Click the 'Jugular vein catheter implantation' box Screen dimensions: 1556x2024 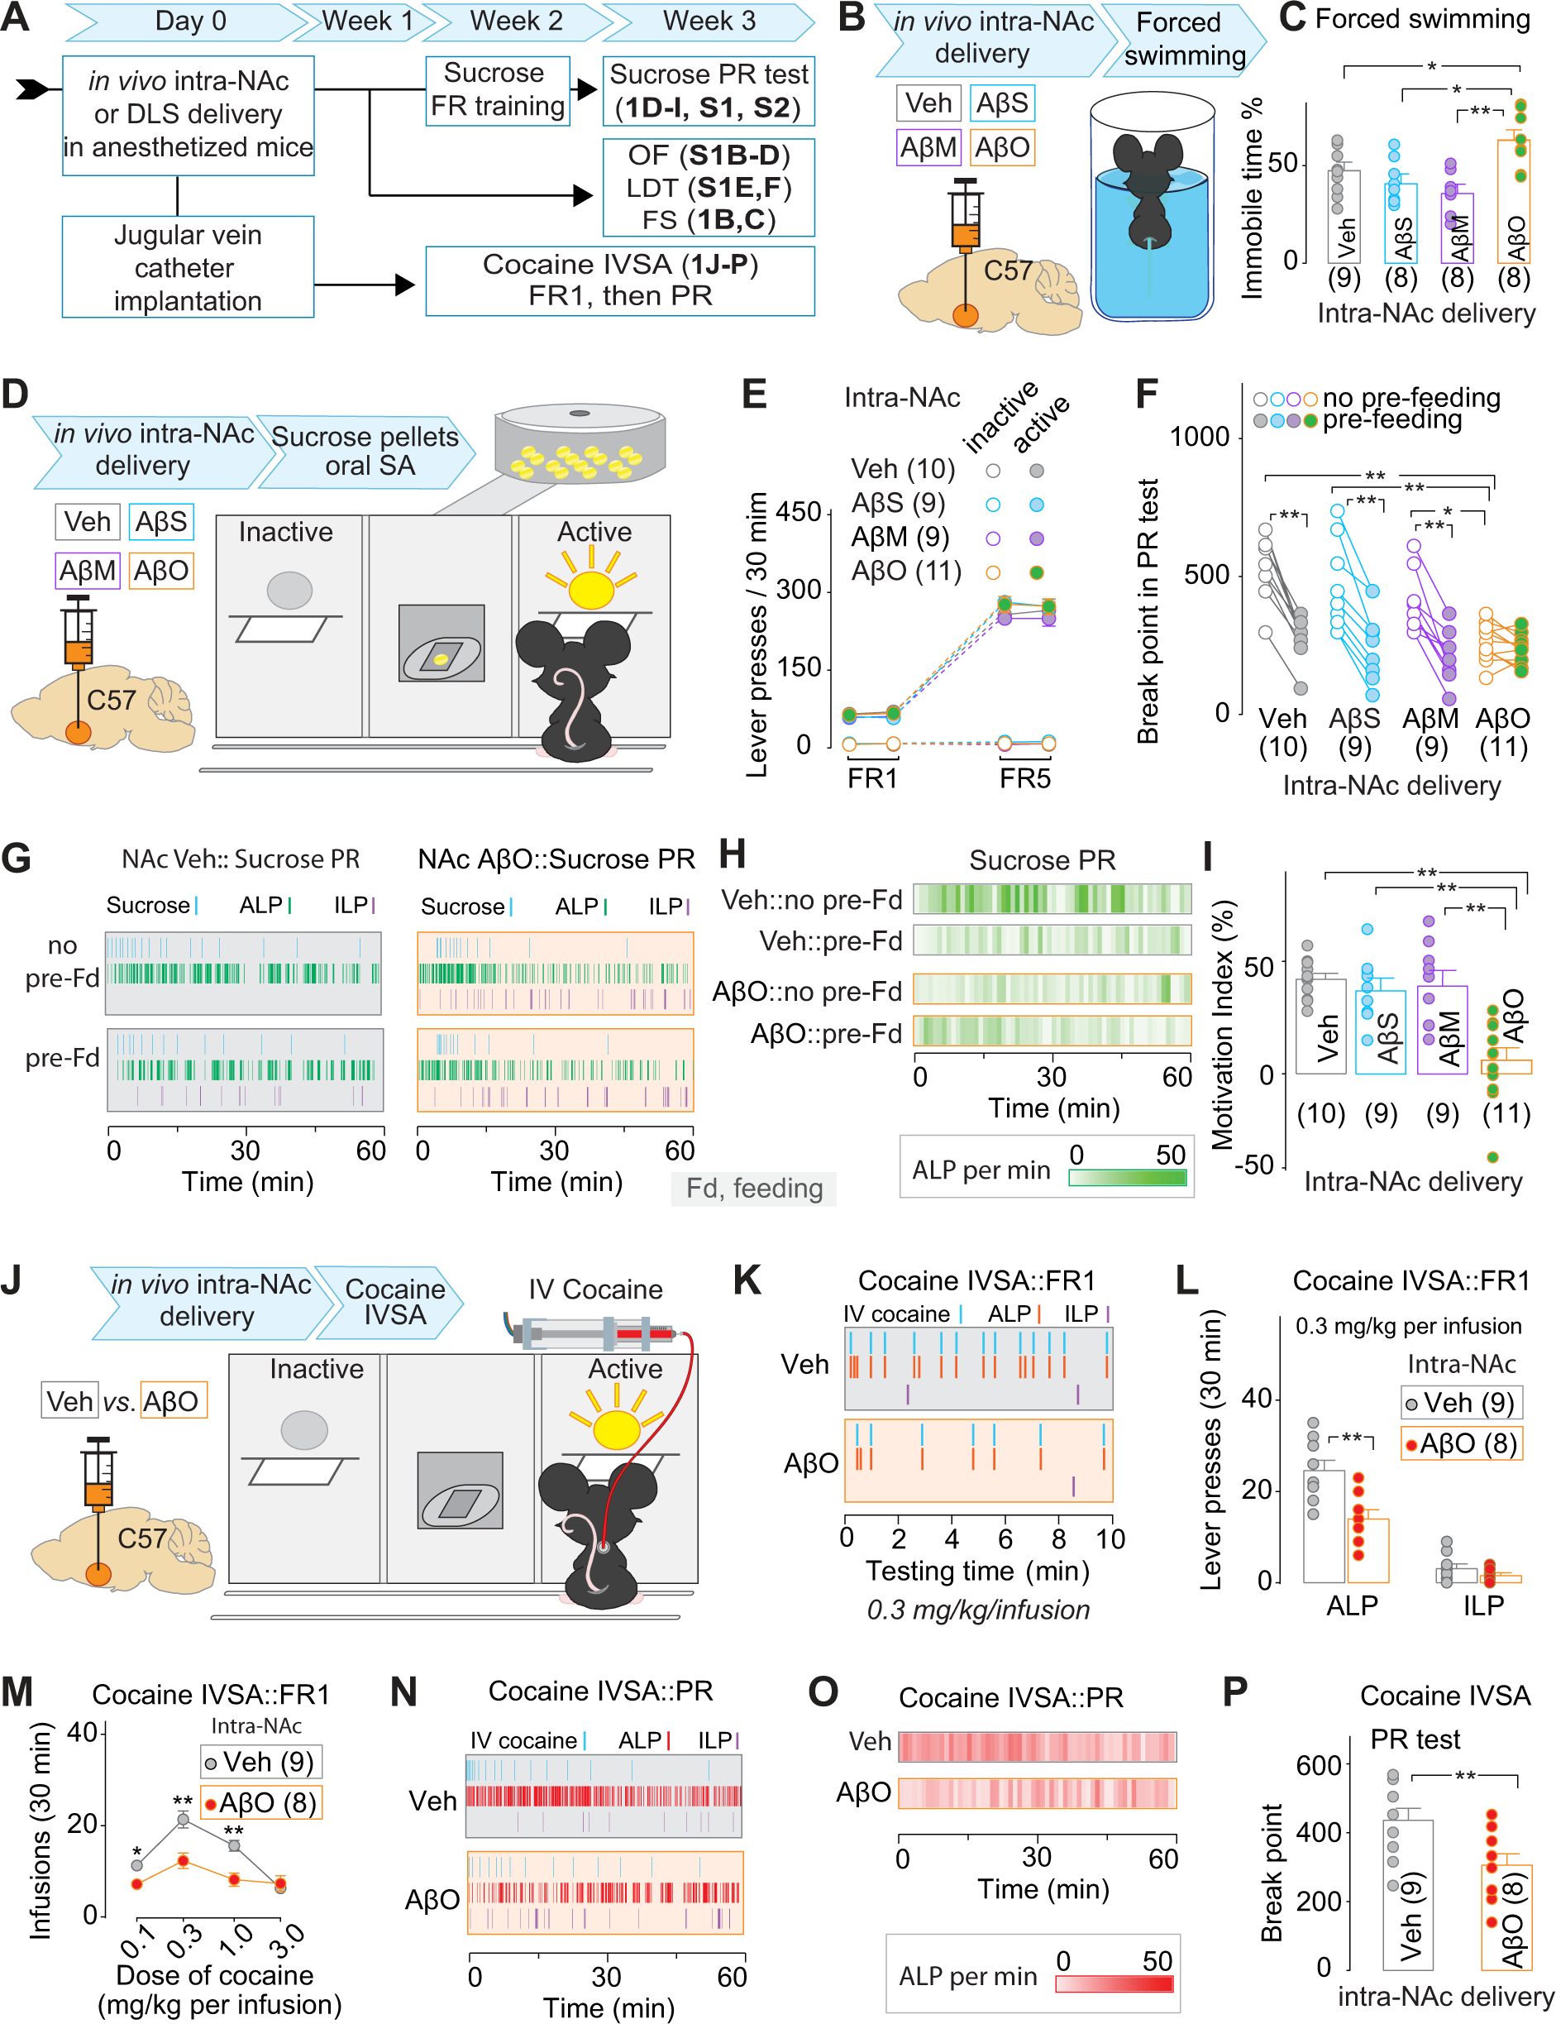[188, 267]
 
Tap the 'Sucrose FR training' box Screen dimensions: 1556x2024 [498, 91]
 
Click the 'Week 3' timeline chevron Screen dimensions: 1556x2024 [709, 22]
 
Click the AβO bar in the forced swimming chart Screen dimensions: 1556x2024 [1513, 201]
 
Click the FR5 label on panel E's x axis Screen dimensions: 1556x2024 [1025, 778]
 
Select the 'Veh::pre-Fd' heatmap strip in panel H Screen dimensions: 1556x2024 [1052, 940]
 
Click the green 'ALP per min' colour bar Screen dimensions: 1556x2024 [1127, 1177]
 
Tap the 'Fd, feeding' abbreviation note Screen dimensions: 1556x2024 [754, 1188]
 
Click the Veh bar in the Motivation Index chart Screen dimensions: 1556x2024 [1320, 1026]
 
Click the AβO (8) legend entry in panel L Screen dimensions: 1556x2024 [1461, 1443]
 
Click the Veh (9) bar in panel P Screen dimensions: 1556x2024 [1408, 1894]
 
